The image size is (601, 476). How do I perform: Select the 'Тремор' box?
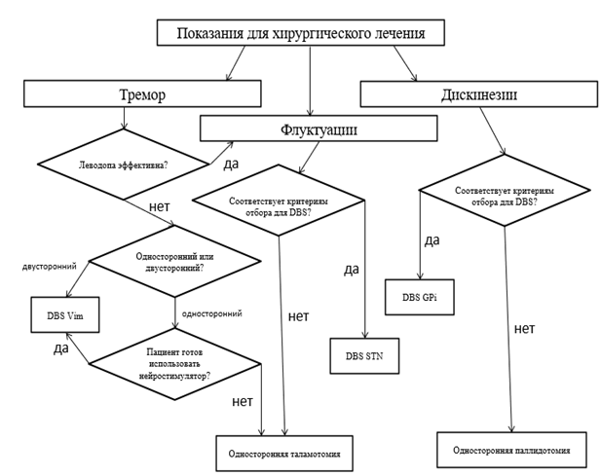coord(142,93)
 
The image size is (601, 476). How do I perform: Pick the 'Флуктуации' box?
coord(318,128)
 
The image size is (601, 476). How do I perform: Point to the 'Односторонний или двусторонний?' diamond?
coord(175,262)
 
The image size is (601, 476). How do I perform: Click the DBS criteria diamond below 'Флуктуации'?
coord(279,203)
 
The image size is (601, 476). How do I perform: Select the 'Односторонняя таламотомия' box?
coord(283,453)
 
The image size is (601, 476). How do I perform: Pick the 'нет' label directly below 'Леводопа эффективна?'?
coord(162,207)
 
